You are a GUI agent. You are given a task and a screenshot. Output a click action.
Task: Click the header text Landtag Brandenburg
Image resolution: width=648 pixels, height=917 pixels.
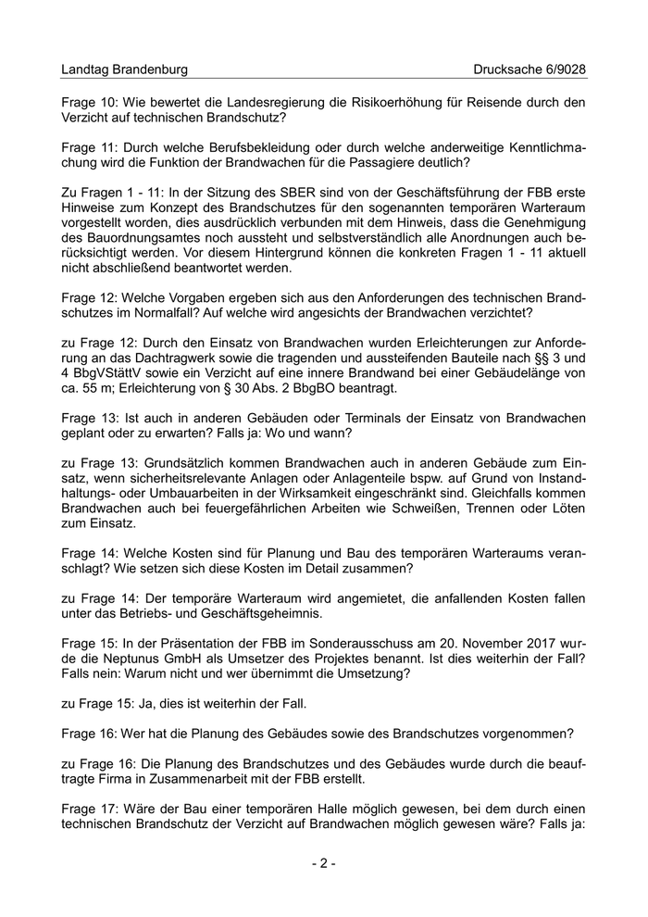click(124, 69)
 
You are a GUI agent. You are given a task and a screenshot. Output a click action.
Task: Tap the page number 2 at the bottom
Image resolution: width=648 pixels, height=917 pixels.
click(324, 863)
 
